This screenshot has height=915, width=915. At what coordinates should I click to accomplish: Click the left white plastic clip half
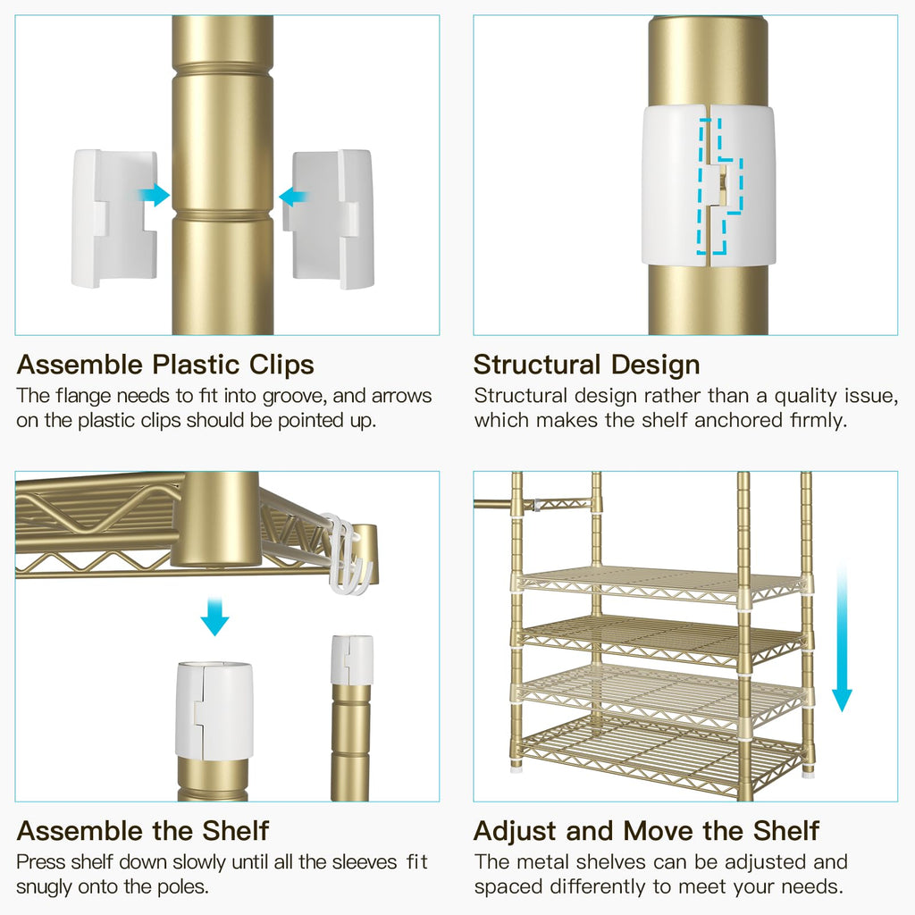[114, 218]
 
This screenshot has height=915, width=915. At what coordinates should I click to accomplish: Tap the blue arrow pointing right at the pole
[155, 195]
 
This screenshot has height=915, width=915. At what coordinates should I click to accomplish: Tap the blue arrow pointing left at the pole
[293, 196]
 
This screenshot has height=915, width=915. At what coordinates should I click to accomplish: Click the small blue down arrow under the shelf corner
[214, 617]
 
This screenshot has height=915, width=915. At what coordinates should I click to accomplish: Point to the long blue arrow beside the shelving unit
[842, 637]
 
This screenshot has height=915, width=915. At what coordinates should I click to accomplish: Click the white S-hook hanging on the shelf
[348, 554]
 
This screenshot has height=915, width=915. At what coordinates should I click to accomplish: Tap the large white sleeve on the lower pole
[214, 709]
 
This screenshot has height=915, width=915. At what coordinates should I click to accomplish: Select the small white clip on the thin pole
[352, 660]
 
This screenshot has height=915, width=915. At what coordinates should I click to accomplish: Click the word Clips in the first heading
[281, 365]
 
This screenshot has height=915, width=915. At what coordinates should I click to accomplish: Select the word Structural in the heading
[536, 365]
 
